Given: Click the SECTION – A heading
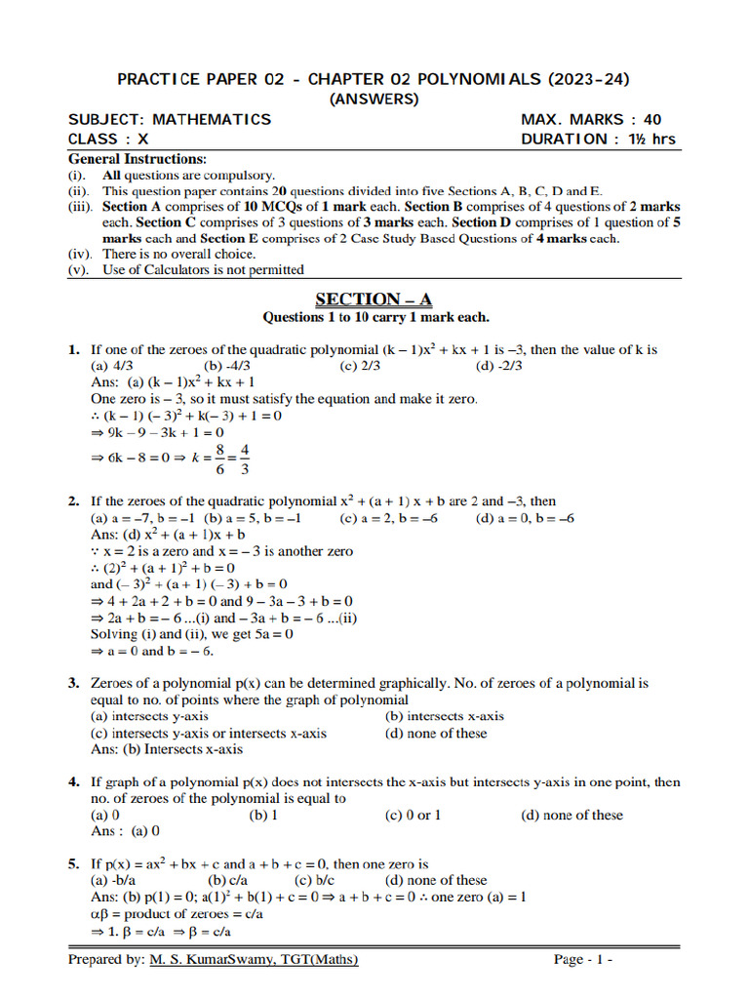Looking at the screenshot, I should (x=374, y=299).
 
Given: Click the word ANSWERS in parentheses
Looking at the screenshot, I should (x=374, y=99).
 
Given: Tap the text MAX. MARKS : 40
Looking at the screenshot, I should (x=591, y=120).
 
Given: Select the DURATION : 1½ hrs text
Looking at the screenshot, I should (x=598, y=140).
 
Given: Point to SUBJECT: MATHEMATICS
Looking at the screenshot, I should (x=170, y=120).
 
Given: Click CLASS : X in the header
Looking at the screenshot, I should (x=108, y=140).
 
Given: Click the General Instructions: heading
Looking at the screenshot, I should (x=137, y=158).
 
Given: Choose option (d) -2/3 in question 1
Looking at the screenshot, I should (x=499, y=366).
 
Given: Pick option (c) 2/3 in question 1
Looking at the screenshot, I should (x=360, y=366).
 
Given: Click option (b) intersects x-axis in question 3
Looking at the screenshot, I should (x=445, y=716).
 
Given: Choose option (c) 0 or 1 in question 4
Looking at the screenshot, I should (x=413, y=815).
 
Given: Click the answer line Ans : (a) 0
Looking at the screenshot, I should (x=125, y=831).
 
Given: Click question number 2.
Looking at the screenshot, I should (x=73, y=501).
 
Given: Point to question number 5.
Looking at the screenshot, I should (x=73, y=864).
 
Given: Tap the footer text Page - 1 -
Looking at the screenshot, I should (x=583, y=960).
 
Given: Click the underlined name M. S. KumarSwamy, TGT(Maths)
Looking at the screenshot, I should (x=254, y=960).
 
